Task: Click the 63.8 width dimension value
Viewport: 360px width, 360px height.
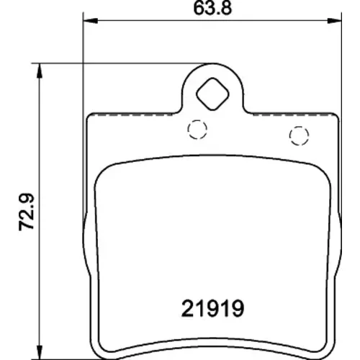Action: tap(212, 8)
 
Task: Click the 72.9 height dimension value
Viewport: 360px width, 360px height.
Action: tap(27, 212)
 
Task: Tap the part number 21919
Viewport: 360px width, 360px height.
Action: tap(213, 308)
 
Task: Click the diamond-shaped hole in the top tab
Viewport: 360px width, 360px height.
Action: tap(212, 94)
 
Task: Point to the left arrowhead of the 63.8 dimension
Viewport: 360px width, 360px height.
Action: tap(90, 21)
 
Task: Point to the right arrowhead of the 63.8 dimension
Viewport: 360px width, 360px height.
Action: tap(334, 21)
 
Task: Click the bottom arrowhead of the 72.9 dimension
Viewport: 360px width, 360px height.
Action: tap(39, 352)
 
